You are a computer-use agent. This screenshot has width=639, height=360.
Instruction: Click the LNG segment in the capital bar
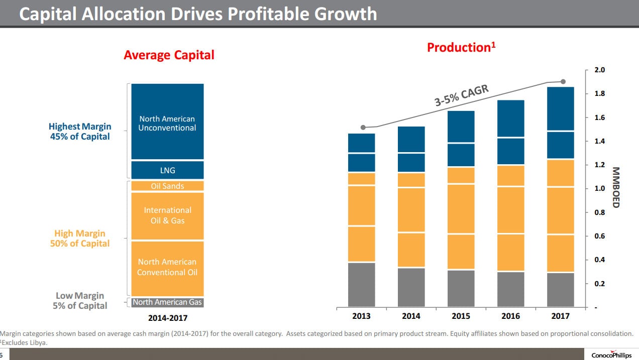167,170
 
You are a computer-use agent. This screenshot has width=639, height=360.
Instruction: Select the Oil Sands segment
167,186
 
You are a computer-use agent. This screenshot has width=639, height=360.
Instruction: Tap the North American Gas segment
167,302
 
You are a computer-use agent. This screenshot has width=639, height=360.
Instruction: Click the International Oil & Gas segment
167,215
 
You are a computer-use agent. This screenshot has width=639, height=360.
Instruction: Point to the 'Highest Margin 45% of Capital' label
80,132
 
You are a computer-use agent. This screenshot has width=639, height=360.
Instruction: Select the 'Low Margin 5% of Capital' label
80,301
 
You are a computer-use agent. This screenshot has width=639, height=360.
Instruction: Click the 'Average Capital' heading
169,55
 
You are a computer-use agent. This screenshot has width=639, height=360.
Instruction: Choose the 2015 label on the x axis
461,316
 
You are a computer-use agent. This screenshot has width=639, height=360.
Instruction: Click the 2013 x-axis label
361,316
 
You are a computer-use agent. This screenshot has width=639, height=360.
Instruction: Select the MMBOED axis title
616,187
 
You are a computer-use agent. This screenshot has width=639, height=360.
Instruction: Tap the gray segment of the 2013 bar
361,284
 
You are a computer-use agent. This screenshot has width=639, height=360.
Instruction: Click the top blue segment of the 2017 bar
561,109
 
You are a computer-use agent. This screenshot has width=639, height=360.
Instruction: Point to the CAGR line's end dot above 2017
563,82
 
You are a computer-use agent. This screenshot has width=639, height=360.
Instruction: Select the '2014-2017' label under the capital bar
167,318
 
